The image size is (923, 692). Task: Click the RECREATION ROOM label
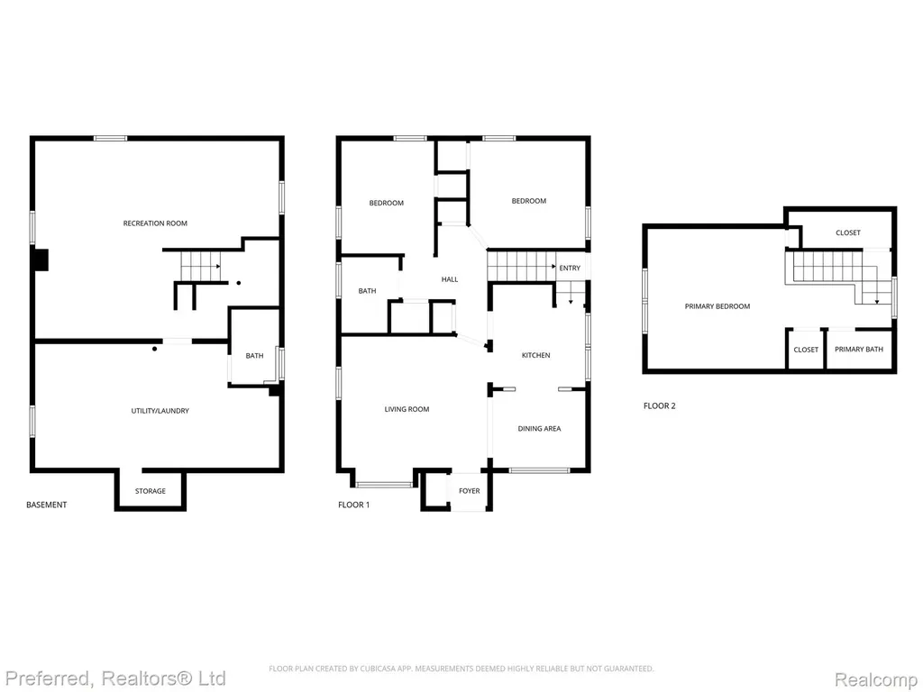tap(155, 223)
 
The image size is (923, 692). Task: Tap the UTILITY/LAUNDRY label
tap(160, 411)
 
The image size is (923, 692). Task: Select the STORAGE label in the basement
tap(151, 491)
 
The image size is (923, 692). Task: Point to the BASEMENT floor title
tap(47, 505)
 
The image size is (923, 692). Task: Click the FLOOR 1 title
tap(353, 505)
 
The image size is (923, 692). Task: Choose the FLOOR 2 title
tap(659, 406)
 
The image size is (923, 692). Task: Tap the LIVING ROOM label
tap(407, 409)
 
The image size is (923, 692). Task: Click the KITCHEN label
tap(535, 355)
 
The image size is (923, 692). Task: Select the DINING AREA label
tap(539, 428)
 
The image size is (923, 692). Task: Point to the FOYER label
tap(469, 491)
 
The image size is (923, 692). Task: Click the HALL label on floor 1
tap(450, 279)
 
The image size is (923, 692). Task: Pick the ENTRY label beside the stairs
tap(570, 269)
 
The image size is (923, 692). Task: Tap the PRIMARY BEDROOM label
tap(717, 306)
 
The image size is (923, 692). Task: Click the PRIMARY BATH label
tap(859, 350)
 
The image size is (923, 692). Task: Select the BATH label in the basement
tap(254, 356)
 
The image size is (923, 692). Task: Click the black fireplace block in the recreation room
tap(41, 260)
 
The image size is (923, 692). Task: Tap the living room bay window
tap(384, 485)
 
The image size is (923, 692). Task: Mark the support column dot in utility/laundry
tap(155, 349)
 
